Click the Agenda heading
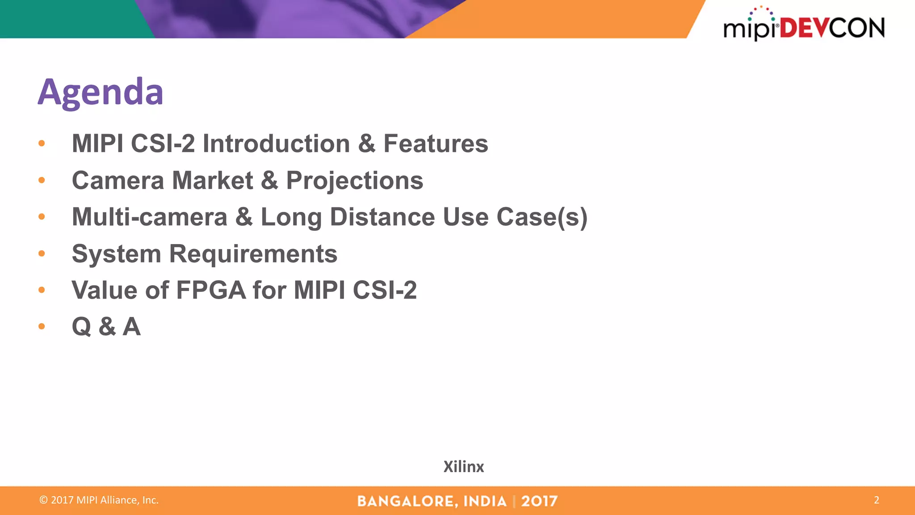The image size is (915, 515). point(101,92)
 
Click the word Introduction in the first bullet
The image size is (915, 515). point(276,144)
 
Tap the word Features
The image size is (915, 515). point(436,144)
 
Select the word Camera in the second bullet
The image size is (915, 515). point(118,181)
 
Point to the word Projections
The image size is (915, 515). point(354,181)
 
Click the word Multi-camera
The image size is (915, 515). point(150,217)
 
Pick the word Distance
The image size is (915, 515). point(382,217)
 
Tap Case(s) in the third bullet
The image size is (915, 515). point(541,217)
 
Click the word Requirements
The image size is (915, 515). point(253,254)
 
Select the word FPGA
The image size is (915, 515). point(211,291)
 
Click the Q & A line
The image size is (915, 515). point(106,327)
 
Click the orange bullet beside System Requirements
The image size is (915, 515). point(42,253)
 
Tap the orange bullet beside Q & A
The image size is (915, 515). point(42,326)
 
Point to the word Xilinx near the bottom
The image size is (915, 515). point(463,467)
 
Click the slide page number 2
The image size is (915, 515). point(876,500)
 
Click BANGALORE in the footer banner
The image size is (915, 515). point(407,501)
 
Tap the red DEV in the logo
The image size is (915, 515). point(804,28)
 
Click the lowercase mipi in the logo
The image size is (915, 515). point(750,29)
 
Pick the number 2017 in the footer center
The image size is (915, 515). point(539,501)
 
